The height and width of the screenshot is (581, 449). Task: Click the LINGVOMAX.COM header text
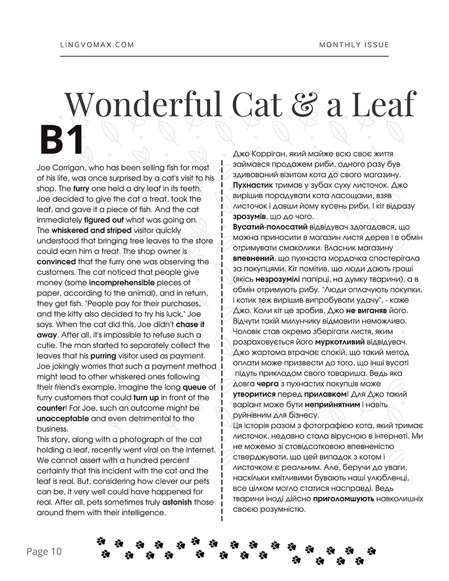(x=97, y=45)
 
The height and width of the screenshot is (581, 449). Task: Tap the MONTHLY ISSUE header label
(x=354, y=45)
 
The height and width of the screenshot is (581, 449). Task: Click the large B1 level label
(x=62, y=140)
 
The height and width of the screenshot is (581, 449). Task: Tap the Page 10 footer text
(x=44, y=551)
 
